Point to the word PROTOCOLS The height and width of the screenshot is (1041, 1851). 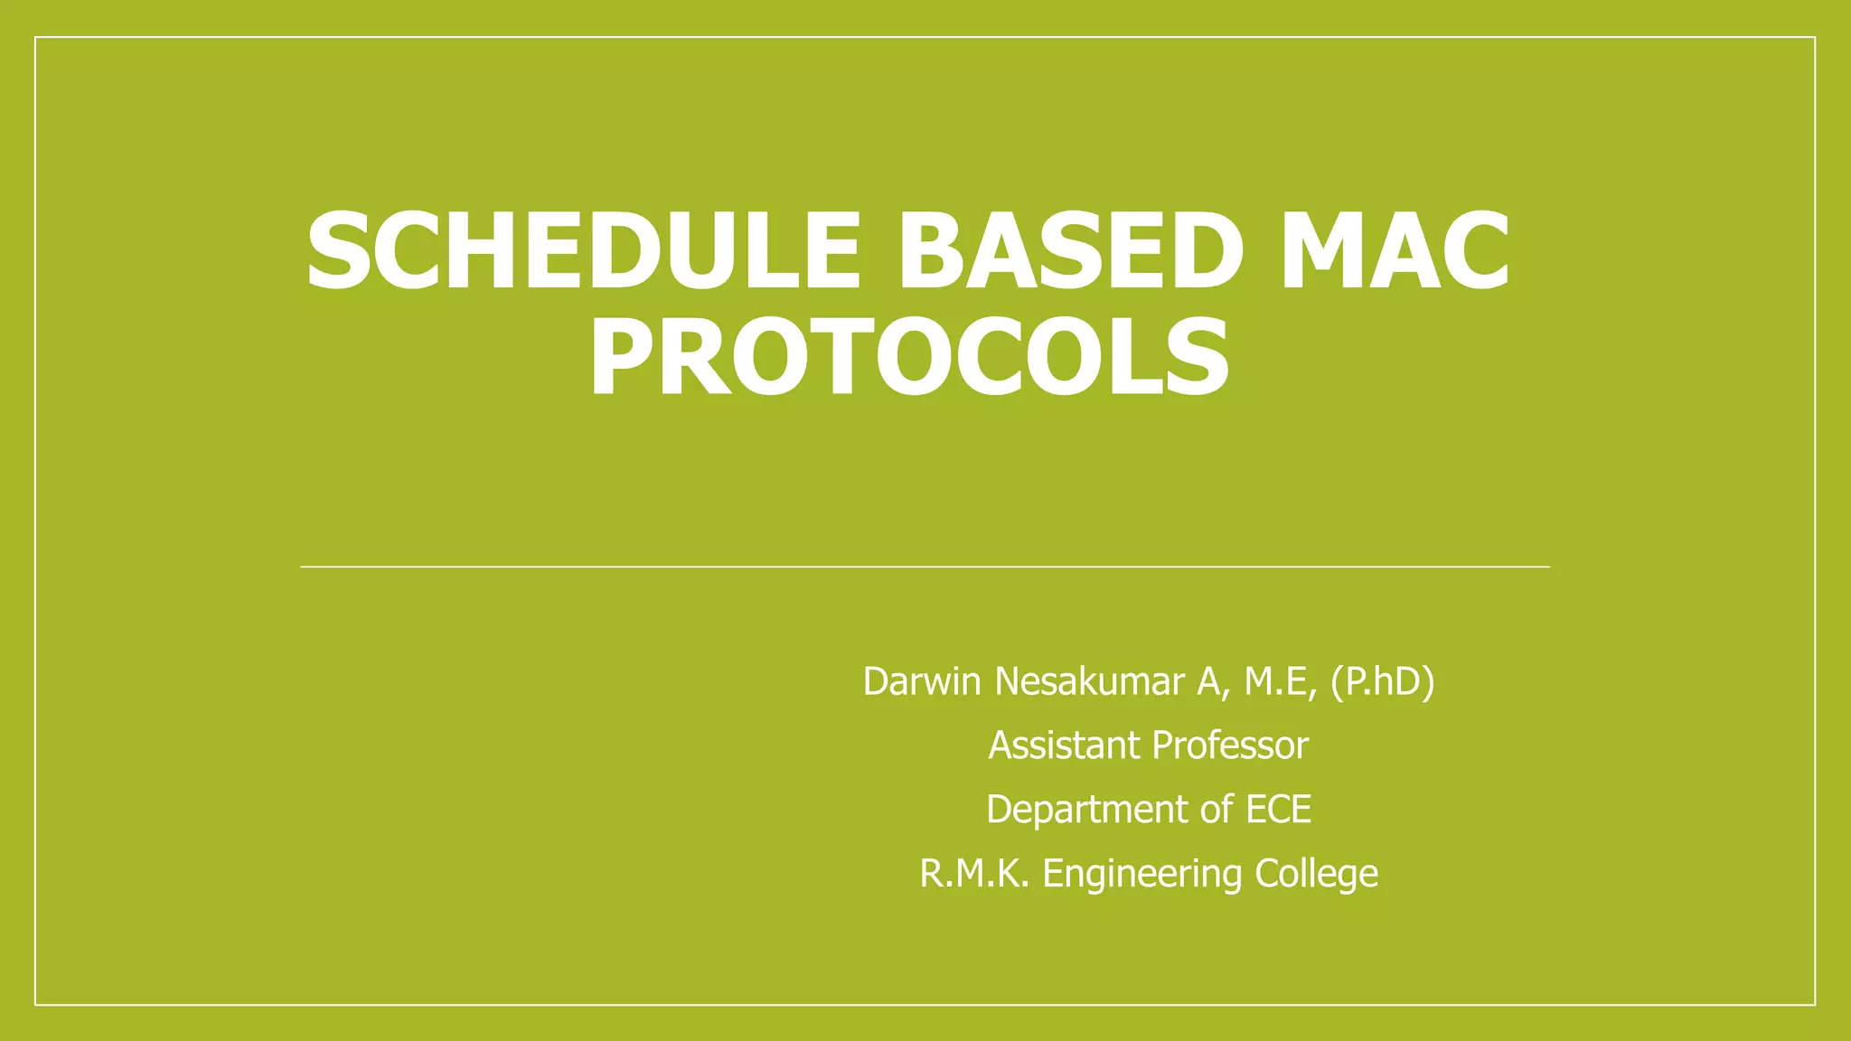click(908, 357)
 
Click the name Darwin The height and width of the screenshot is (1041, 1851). click(922, 681)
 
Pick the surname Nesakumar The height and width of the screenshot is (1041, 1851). click(1090, 681)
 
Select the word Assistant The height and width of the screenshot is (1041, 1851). click(1064, 746)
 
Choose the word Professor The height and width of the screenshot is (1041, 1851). click(1230, 746)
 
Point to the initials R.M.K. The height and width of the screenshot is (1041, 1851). click(974, 873)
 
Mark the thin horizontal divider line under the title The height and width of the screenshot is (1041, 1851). click(925, 567)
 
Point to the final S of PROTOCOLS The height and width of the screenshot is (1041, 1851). click(1198, 357)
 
